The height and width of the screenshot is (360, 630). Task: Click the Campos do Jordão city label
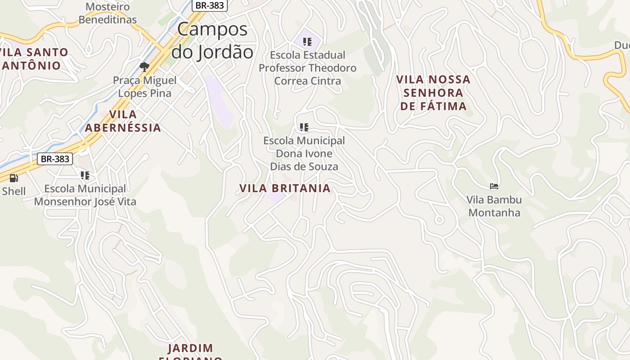tap(212, 40)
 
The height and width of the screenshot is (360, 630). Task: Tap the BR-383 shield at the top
tap(210, 5)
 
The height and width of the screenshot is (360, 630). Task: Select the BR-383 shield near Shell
tap(55, 158)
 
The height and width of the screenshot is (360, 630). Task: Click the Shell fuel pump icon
tap(14, 178)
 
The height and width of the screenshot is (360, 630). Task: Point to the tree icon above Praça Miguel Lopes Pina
tap(144, 67)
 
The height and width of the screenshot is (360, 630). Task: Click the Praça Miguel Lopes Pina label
tap(144, 87)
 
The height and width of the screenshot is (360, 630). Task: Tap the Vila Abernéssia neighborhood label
tap(123, 121)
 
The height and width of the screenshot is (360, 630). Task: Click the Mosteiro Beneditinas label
tap(108, 13)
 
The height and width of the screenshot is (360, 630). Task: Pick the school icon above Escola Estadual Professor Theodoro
tap(307, 42)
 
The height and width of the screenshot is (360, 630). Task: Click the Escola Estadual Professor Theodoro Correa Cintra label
tap(307, 68)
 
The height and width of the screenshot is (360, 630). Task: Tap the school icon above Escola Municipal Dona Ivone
tap(304, 127)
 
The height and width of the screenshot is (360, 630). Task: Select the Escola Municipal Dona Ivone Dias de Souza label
tap(304, 153)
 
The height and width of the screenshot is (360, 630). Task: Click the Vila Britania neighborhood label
tap(285, 188)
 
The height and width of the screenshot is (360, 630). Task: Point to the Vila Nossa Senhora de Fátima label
tap(433, 93)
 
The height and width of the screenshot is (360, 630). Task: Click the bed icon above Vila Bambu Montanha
tap(494, 186)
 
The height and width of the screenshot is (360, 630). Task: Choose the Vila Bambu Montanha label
tap(494, 206)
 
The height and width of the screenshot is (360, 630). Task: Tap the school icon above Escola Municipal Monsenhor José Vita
tap(85, 175)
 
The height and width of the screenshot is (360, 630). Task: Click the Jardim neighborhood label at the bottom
tap(190, 349)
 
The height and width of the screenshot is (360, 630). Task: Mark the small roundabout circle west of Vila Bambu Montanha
tap(439, 220)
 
